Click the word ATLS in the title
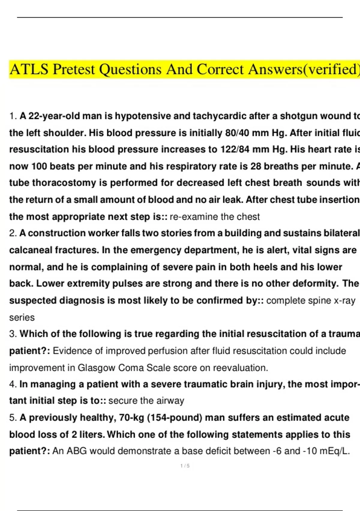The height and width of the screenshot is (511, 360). point(29,69)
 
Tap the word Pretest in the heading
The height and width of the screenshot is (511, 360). point(74,69)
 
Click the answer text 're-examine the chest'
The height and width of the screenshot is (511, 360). point(214,217)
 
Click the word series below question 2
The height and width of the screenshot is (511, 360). point(22,317)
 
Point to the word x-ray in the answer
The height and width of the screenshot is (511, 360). point(344,301)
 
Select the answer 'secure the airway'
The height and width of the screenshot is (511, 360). point(146,401)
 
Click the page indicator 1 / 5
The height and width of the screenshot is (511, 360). point(185,466)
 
